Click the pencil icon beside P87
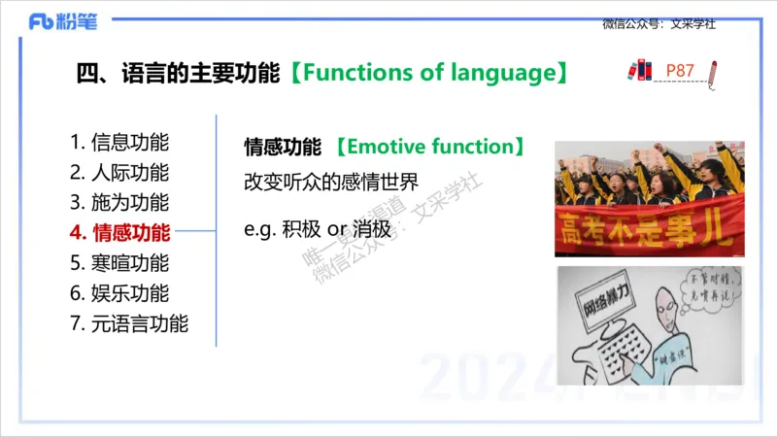click(715, 73)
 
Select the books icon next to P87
click(639, 71)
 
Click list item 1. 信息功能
click(119, 142)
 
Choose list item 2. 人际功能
click(119, 173)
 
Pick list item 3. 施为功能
click(119, 203)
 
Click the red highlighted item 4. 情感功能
click(119, 232)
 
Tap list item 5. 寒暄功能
click(119, 262)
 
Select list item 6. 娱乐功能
click(119, 293)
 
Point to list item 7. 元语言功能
click(129, 323)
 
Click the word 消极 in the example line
click(372, 230)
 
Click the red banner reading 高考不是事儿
click(649, 229)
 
